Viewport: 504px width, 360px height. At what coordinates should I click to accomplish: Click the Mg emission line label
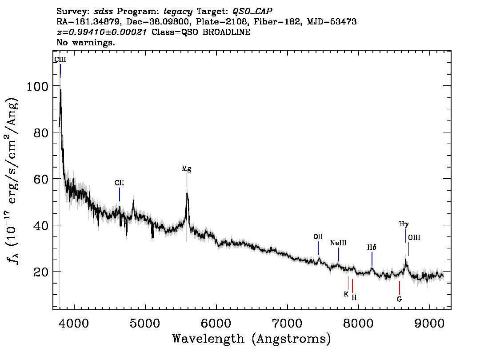pyautogui.click(x=186, y=168)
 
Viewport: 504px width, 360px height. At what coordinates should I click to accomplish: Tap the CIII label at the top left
pyautogui.click(x=60, y=60)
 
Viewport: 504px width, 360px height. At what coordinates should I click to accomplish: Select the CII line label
pyautogui.click(x=119, y=183)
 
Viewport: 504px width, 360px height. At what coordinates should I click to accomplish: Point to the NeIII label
pyautogui.click(x=338, y=243)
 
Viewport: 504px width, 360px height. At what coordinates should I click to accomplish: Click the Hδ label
pyautogui.click(x=372, y=247)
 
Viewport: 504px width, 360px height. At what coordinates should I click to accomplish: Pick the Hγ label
pyautogui.click(x=404, y=224)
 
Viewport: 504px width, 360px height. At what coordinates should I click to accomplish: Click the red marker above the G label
pyautogui.click(x=400, y=288)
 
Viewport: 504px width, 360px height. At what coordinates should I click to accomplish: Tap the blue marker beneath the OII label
pyautogui.click(x=318, y=248)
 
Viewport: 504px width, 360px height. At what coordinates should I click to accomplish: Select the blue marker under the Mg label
pyautogui.click(x=187, y=180)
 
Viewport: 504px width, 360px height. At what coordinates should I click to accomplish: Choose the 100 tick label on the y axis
pyautogui.click(x=37, y=86)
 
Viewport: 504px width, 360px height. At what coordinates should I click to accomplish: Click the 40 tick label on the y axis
pyautogui.click(x=41, y=225)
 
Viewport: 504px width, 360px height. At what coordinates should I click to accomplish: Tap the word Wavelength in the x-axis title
pyautogui.click(x=208, y=339)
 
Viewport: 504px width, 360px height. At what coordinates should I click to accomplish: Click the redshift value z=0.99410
pyautogui.click(x=81, y=32)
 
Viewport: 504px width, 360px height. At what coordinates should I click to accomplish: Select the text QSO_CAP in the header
pyautogui.click(x=252, y=12)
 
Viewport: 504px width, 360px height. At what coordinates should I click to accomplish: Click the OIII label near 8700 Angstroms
pyautogui.click(x=414, y=237)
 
